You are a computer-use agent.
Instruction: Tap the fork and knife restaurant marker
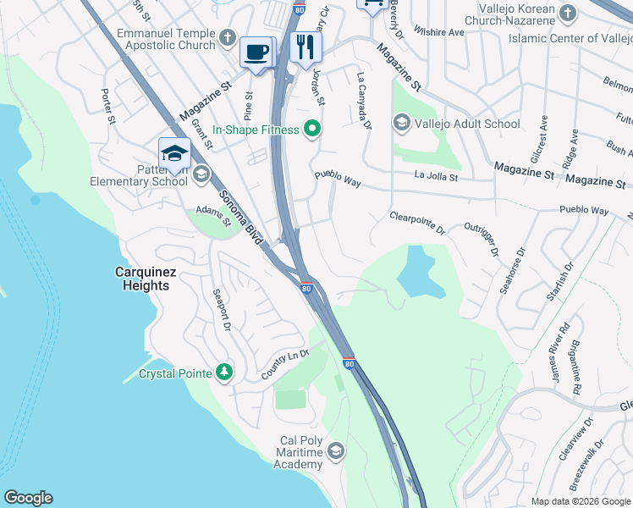(x=305, y=47)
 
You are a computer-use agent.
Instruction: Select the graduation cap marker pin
(x=173, y=153)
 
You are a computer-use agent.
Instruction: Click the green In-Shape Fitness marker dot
(x=312, y=130)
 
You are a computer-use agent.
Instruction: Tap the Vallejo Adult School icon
(x=401, y=124)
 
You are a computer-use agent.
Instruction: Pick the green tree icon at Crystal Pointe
(x=223, y=373)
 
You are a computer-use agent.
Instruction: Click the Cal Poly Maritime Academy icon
(x=336, y=450)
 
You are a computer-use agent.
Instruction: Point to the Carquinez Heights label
(x=142, y=279)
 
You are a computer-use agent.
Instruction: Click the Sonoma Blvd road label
(x=241, y=218)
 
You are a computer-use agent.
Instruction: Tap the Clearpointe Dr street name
(x=417, y=224)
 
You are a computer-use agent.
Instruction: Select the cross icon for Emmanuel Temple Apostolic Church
(x=226, y=37)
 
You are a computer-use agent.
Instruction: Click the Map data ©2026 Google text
(x=580, y=501)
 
